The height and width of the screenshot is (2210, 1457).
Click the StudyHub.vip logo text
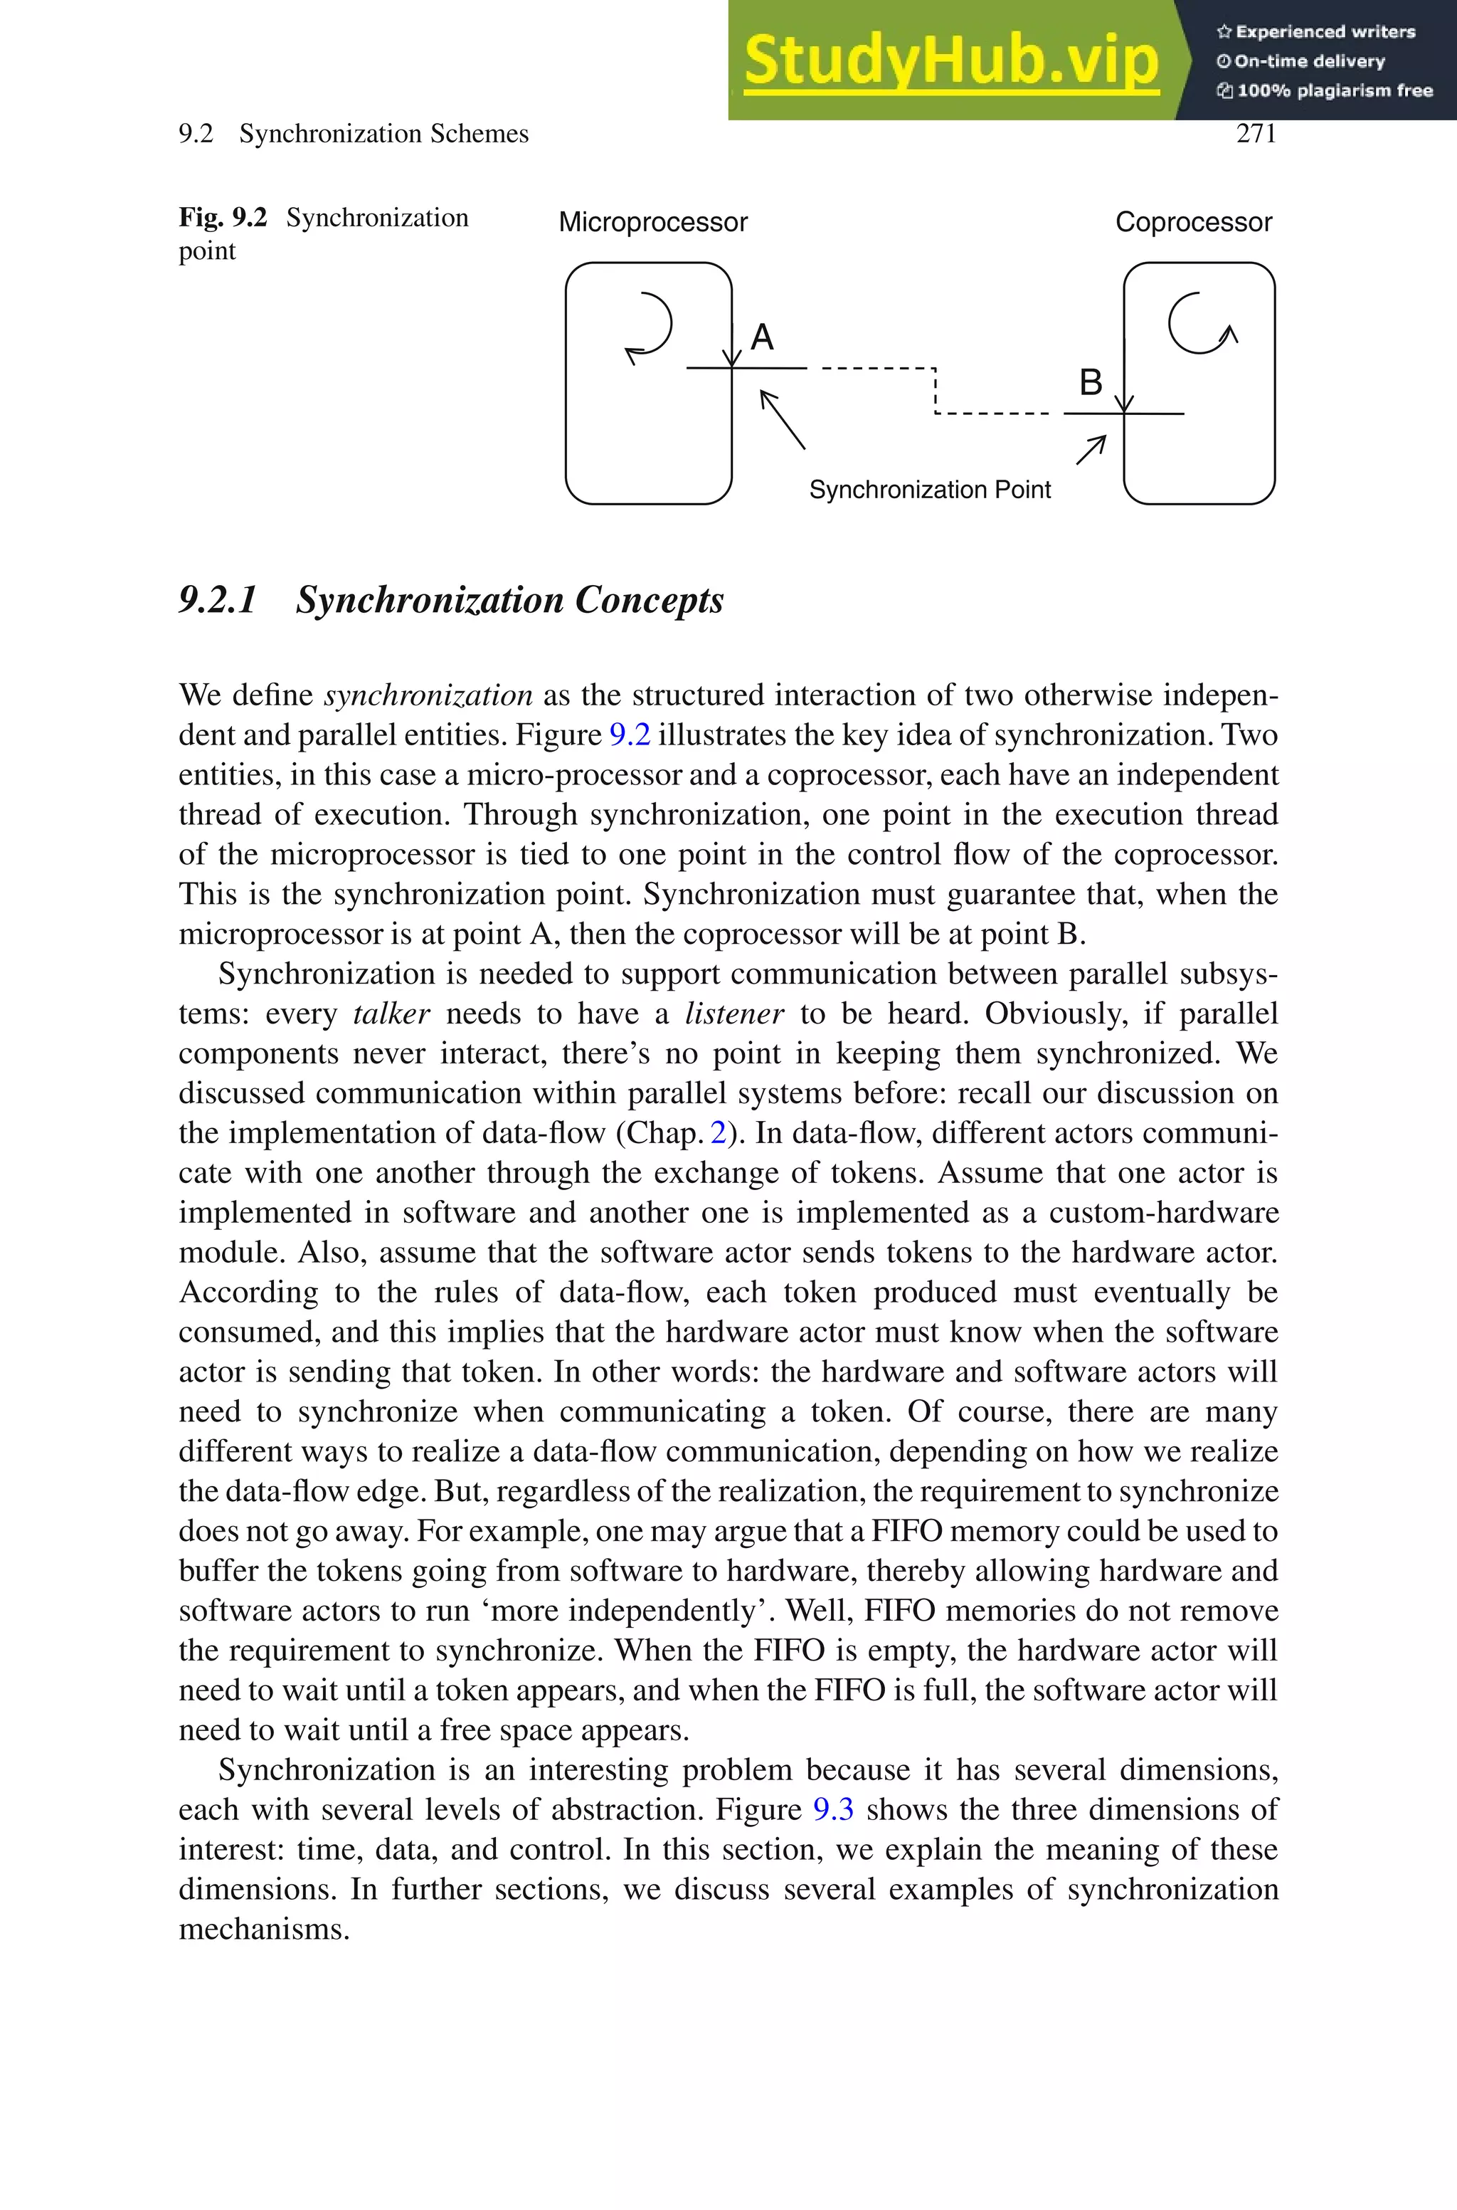950,60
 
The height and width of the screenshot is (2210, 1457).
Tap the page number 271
1256,134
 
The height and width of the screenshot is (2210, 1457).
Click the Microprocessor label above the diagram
652,222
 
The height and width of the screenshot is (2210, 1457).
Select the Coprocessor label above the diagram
1193,222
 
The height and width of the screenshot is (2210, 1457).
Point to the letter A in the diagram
762,337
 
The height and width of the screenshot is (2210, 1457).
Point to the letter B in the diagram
1090,382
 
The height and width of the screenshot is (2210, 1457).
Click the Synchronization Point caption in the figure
929,490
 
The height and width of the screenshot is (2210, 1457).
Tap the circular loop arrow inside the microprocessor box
650,326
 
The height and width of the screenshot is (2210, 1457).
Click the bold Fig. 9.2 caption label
222,218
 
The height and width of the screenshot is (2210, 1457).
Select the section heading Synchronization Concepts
509,600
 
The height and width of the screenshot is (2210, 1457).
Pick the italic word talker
391,1013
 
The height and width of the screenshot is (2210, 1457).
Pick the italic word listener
734,1013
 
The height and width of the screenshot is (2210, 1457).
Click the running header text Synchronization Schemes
383,134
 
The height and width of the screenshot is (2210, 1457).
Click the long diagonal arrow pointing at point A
783,419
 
